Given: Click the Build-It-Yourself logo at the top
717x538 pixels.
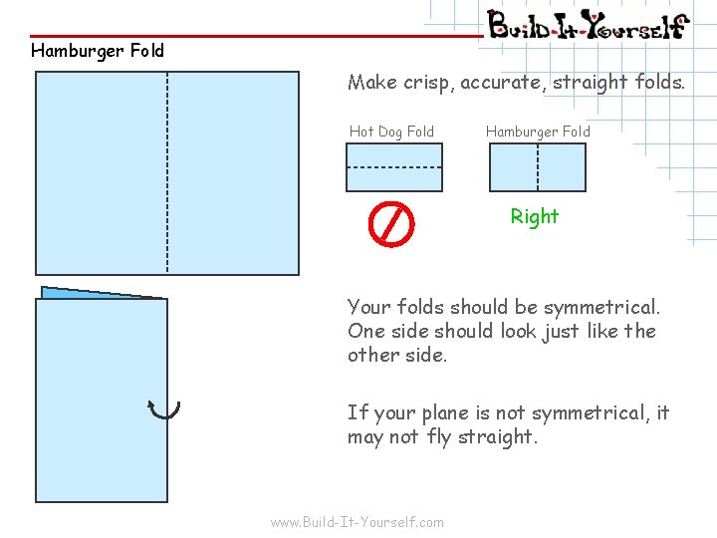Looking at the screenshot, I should coord(588,24).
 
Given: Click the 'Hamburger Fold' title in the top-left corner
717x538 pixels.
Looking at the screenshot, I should coord(98,50).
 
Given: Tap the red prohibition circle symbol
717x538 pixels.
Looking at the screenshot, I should coord(391,224).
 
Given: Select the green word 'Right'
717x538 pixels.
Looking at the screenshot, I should coord(535,216).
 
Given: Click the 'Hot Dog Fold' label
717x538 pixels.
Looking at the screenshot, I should coord(391,132).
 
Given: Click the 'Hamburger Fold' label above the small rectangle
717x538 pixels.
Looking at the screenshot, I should coord(538,132).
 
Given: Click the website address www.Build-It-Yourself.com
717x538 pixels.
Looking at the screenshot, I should coord(358,522).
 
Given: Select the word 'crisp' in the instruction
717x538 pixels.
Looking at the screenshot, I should coord(427,83).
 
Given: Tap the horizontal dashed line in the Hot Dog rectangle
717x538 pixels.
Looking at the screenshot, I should coord(394,167).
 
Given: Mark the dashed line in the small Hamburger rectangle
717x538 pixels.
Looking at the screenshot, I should coord(538,167).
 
